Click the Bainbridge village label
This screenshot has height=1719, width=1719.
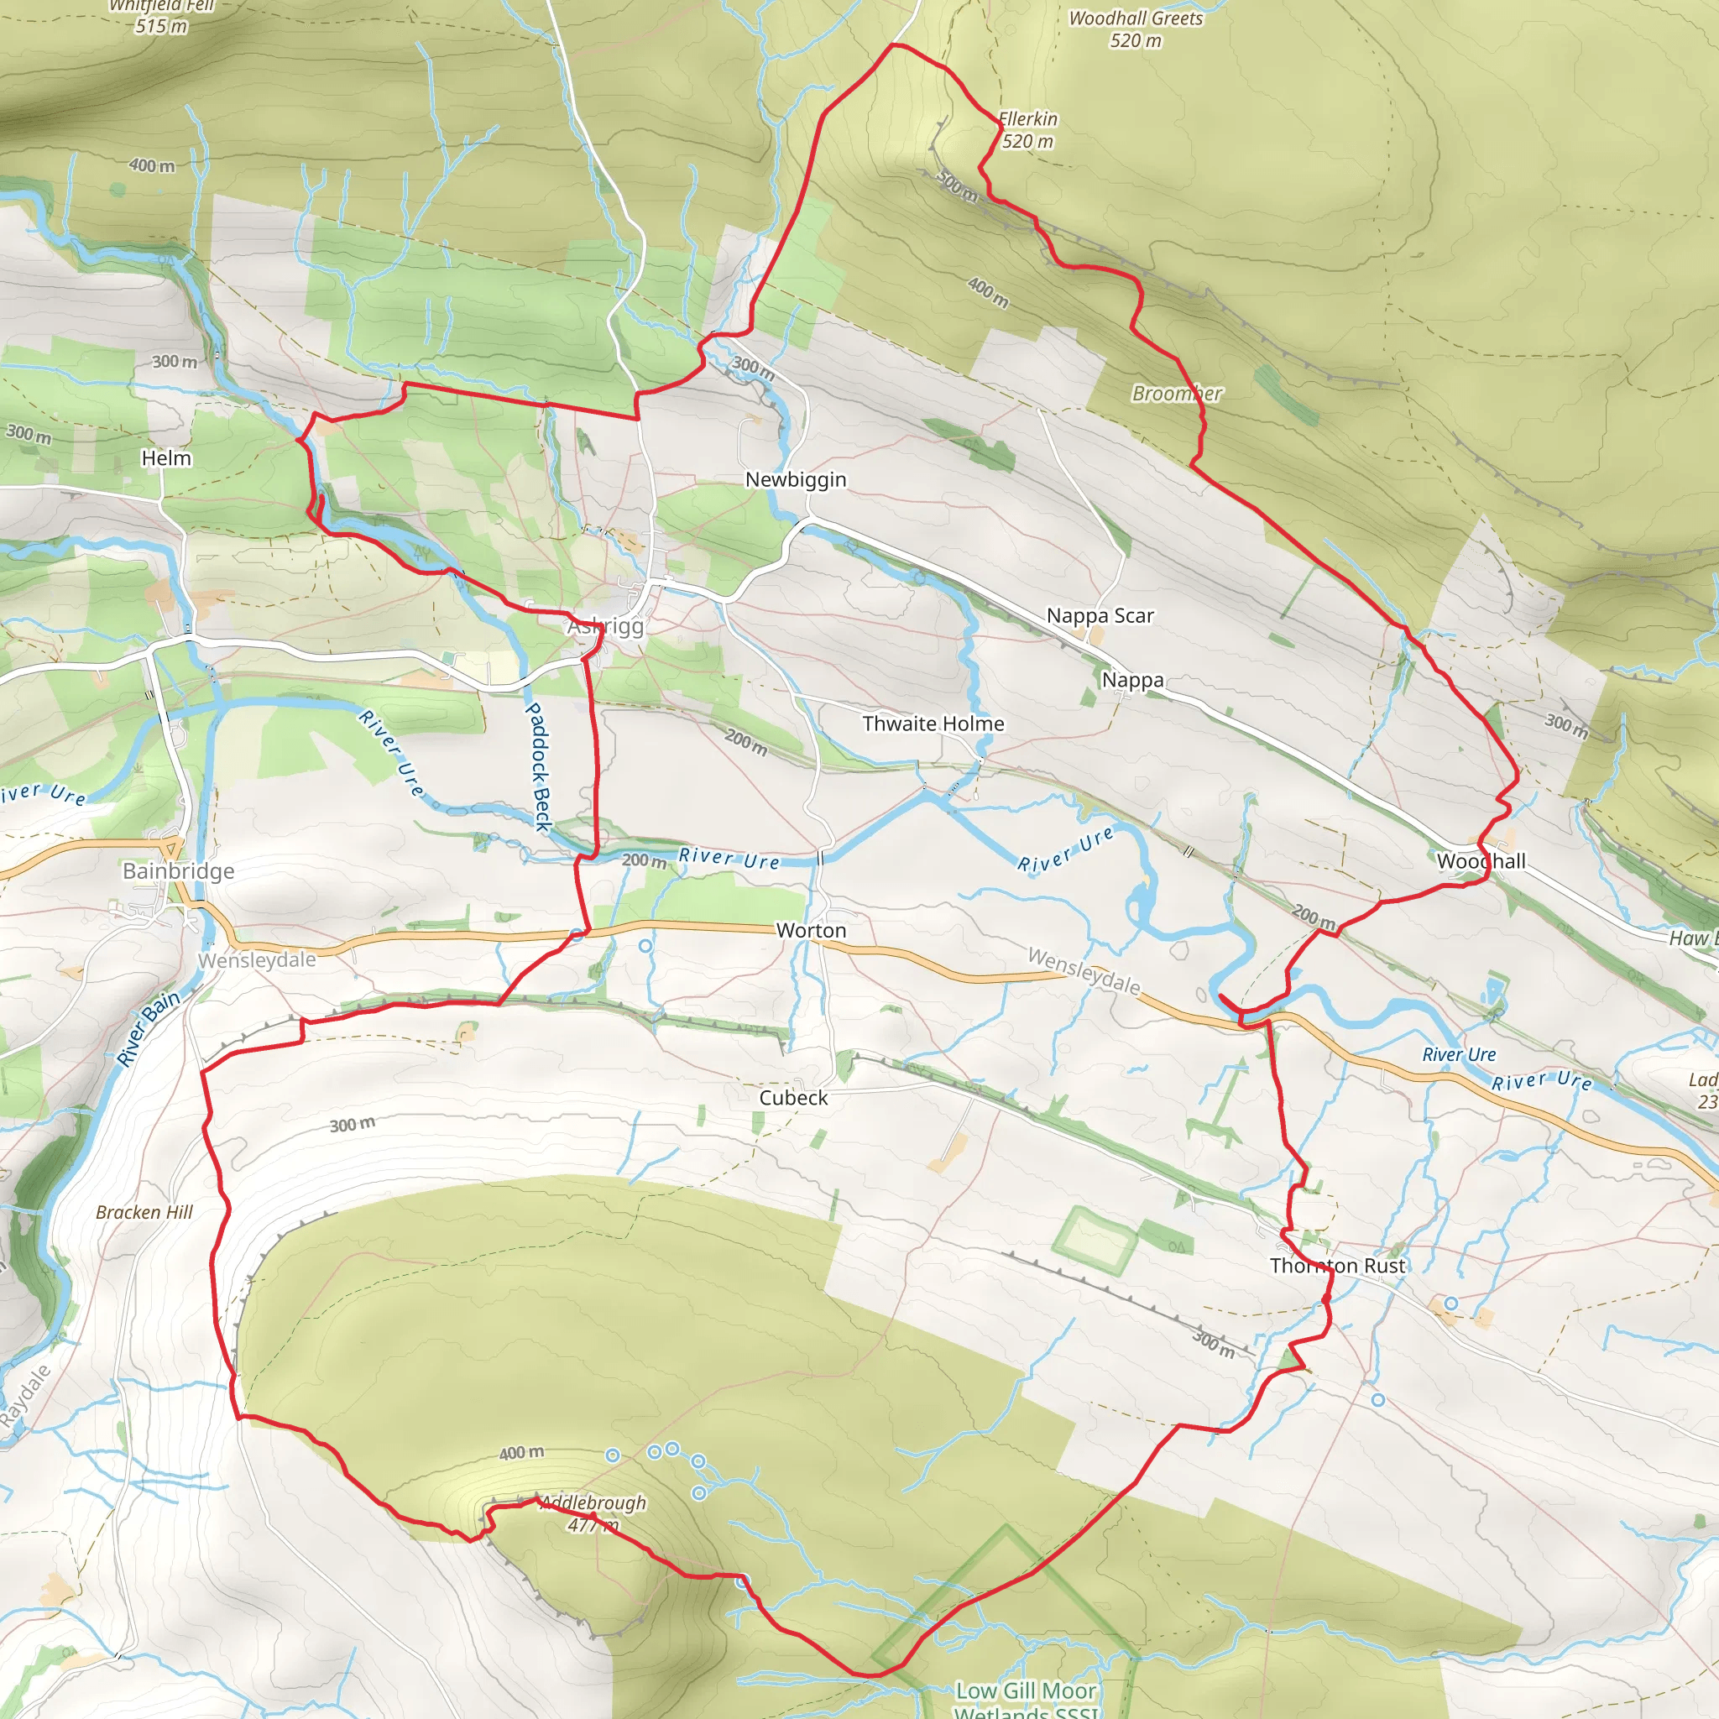tap(178, 871)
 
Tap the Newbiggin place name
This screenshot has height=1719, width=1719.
tap(796, 479)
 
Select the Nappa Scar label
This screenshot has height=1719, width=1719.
tap(1100, 616)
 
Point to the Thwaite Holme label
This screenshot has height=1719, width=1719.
tap(933, 724)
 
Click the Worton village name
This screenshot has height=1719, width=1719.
tap(811, 931)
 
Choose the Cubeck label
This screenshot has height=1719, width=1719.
tap(792, 1098)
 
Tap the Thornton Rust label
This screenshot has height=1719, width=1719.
tap(1337, 1266)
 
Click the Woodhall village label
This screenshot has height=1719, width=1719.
tap(1481, 861)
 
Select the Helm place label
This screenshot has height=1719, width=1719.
tap(166, 458)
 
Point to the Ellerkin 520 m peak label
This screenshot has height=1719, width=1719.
tap(1027, 130)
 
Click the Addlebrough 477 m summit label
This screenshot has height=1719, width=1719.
tap(593, 1513)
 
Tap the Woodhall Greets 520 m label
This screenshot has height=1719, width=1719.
tap(1136, 29)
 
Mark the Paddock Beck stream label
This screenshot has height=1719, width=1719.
tap(538, 766)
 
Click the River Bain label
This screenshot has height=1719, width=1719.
tap(149, 1027)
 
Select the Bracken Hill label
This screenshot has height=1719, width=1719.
tap(144, 1213)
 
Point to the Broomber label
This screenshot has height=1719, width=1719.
tap(1176, 394)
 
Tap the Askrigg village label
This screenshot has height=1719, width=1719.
tap(606, 626)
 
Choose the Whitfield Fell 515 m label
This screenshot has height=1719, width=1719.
tap(162, 16)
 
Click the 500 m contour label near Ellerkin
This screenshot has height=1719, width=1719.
tap(958, 184)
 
